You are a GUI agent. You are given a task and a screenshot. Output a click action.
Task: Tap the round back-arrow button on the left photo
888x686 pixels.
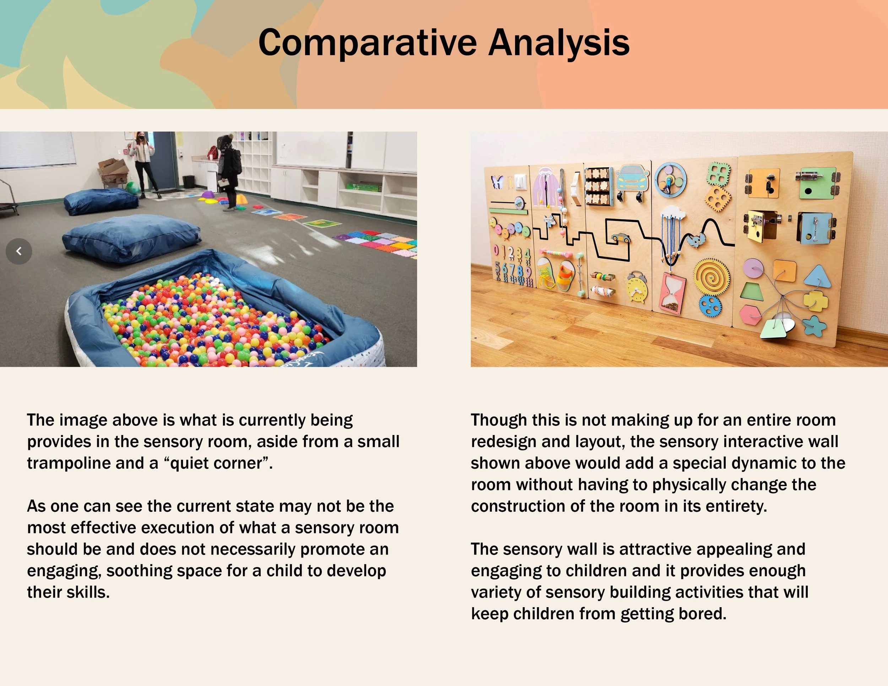point(19,251)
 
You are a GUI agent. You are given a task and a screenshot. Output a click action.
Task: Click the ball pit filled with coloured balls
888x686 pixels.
point(216,317)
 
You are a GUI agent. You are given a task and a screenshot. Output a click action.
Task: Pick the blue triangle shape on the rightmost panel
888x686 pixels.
point(817,276)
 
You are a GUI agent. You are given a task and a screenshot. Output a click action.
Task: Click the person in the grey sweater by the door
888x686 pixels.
point(143,163)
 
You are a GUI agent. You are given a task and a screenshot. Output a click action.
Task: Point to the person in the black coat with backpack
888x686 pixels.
point(230,171)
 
